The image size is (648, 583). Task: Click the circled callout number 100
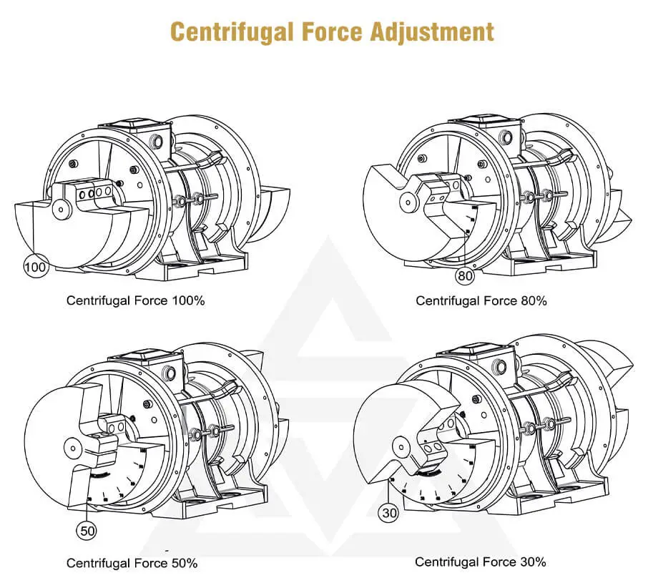[35, 268]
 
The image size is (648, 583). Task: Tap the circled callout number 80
[466, 276]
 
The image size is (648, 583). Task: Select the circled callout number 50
[87, 531]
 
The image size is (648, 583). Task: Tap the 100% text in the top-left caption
[189, 300]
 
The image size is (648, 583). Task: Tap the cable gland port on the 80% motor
[509, 135]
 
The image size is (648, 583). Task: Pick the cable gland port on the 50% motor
[171, 373]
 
